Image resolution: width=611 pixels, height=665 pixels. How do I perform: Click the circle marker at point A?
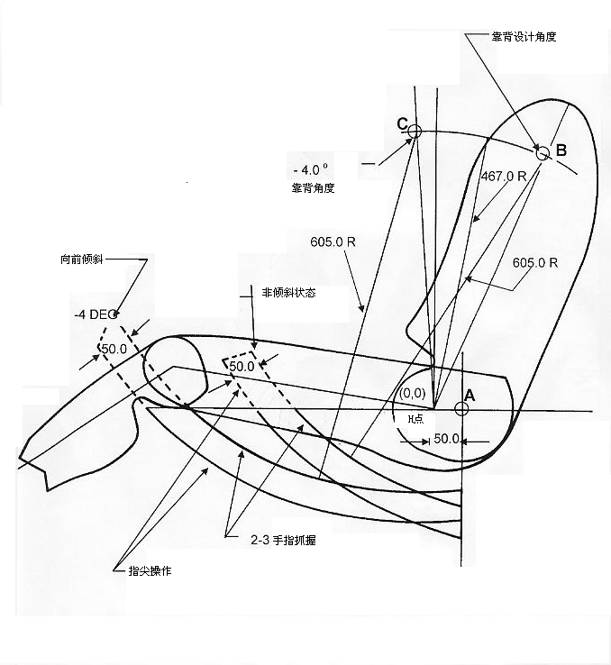[461, 408]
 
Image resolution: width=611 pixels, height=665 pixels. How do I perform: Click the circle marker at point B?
[543, 153]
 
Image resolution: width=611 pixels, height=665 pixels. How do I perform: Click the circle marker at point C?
[415, 132]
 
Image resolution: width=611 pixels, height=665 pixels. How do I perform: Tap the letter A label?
[469, 392]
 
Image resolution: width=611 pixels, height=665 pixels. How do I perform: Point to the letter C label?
[402, 124]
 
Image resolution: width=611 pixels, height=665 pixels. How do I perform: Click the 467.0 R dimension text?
[504, 177]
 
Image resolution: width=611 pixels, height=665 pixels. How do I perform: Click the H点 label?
[415, 419]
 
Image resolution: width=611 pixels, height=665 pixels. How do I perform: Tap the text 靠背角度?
[312, 187]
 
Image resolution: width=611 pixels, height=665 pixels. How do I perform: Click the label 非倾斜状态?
[288, 293]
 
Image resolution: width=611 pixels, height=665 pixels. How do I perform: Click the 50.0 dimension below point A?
[448, 439]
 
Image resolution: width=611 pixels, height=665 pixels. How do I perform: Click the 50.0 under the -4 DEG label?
[114, 349]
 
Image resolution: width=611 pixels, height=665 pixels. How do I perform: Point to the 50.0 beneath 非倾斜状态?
[242, 367]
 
